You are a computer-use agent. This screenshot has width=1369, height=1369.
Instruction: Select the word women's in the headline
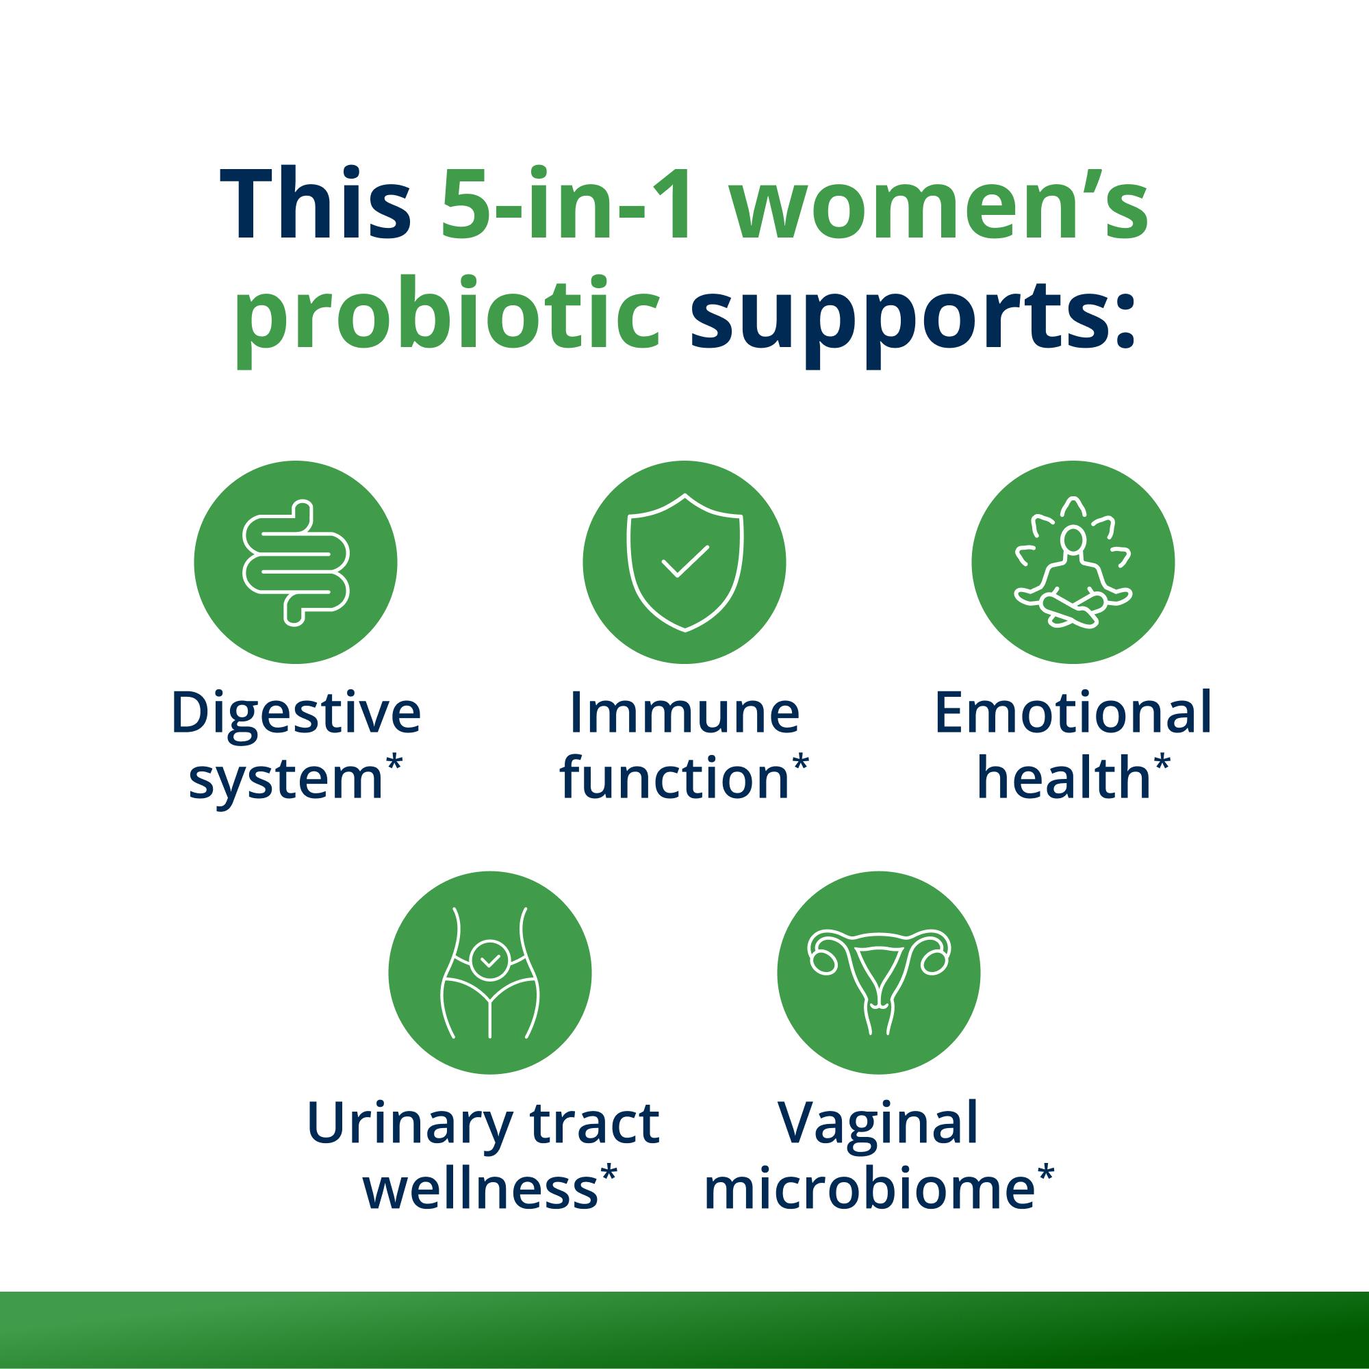point(939,205)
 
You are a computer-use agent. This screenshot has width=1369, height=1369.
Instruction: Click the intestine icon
point(296,563)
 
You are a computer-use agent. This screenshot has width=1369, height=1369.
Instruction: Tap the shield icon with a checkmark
point(684,563)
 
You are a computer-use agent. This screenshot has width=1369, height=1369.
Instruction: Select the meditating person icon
point(1073,563)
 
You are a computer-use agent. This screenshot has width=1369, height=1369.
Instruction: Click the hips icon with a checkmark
point(489,971)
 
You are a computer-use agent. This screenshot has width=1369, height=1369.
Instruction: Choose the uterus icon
point(879,971)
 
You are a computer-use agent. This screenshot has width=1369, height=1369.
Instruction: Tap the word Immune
point(684,713)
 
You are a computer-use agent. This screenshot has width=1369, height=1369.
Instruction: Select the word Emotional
point(1073,713)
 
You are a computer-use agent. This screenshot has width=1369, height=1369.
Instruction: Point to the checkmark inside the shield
point(684,560)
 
